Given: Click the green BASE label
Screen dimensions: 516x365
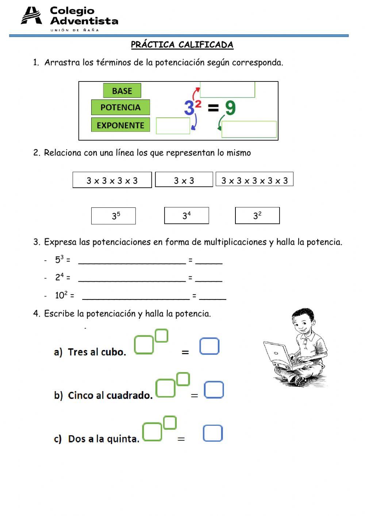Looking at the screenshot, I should pos(122,91).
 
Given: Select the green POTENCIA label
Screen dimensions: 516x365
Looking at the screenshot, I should pos(120,107).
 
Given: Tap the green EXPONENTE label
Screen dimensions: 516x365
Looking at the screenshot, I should pos(120,125).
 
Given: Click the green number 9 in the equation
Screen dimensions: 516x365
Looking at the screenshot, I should pos(230,108).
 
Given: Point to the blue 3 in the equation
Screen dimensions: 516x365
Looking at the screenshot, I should pos(189,108).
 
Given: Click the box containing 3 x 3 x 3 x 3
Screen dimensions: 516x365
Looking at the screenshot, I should pos(112,180).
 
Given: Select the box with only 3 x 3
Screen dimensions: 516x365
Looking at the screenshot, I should pos(184,180).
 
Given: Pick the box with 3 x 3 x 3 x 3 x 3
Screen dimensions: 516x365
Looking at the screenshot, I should pos(254,179).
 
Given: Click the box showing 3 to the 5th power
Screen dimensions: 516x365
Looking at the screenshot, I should pos(114,216).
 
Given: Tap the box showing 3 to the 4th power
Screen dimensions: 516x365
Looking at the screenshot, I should pos(187,215).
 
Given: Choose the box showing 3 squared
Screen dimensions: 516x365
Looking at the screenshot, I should pos(257,215).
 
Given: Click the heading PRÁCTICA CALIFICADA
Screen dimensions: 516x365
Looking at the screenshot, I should pos(182,45).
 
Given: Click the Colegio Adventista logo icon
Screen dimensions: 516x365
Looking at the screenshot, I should pos(31,16).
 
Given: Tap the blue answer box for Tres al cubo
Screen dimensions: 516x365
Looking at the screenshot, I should pos(209,346).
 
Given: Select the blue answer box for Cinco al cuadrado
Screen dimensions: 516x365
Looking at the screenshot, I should pos(214,390).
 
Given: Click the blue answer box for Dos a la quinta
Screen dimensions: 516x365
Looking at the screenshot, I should pos(212,433).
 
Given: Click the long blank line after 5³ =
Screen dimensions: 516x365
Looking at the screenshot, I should pos(132,261).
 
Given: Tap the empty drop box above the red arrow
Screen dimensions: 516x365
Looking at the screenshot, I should pos(227,89).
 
